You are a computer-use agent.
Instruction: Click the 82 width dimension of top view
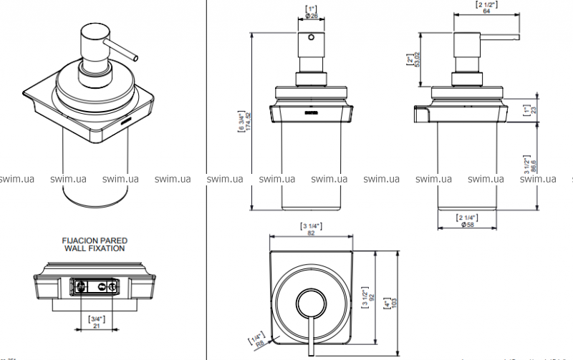311,233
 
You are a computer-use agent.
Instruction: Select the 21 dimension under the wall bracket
95,326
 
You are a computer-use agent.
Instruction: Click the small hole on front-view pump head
310,37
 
